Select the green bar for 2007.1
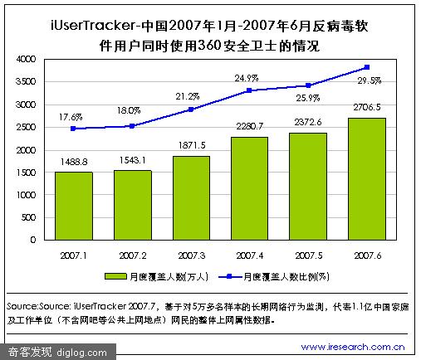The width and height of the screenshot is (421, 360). click(x=74, y=206)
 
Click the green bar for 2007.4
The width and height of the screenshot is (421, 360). click(x=249, y=188)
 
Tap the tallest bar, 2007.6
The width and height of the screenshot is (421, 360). click(x=367, y=179)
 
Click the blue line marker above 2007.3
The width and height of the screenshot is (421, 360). click(x=191, y=109)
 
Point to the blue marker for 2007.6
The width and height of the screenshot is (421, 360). click(x=367, y=67)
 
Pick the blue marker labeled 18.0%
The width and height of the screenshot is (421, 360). click(x=132, y=126)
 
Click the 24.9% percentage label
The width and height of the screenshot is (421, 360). click(x=247, y=78)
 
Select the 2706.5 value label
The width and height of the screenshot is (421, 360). click(x=367, y=107)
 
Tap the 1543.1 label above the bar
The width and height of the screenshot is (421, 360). click(x=132, y=160)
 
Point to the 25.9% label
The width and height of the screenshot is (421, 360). click(x=308, y=98)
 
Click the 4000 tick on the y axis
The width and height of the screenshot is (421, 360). click(x=26, y=59)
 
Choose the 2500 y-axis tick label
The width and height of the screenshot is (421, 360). click(x=26, y=127)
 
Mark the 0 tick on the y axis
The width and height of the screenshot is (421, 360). click(x=33, y=240)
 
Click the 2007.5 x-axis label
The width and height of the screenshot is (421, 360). click(x=309, y=255)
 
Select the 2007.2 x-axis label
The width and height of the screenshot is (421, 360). click(x=133, y=255)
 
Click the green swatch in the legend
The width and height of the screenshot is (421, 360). click(x=115, y=276)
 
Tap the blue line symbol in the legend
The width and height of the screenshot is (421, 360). click(x=229, y=276)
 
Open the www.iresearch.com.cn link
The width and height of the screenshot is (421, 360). click(x=353, y=347)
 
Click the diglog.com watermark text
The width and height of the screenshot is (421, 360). click(x=81, y=353)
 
